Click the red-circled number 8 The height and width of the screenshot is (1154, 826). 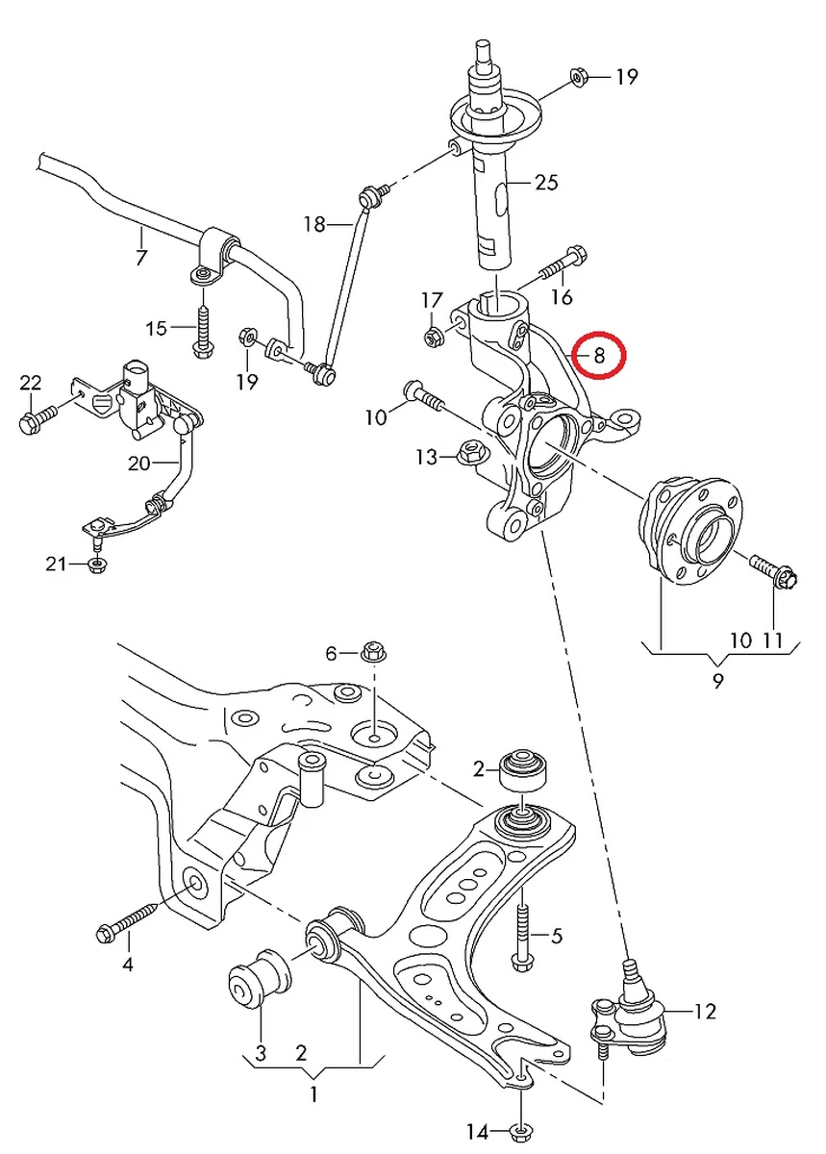(x=597, y=356)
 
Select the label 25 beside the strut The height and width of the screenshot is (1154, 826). (x=545, y=182)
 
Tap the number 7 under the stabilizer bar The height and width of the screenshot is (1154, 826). (x=141, y=258)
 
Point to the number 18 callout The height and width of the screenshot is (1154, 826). (x=314, y=224)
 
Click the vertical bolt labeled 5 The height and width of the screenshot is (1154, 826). (x=521, y=929)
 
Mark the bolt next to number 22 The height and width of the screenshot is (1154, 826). (x=37, y=420)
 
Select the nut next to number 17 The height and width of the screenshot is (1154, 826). (x=432, y=337)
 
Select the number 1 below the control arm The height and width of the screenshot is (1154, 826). (x=313, y=1093)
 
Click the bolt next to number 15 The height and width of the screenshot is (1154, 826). (x=203, y=329)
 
